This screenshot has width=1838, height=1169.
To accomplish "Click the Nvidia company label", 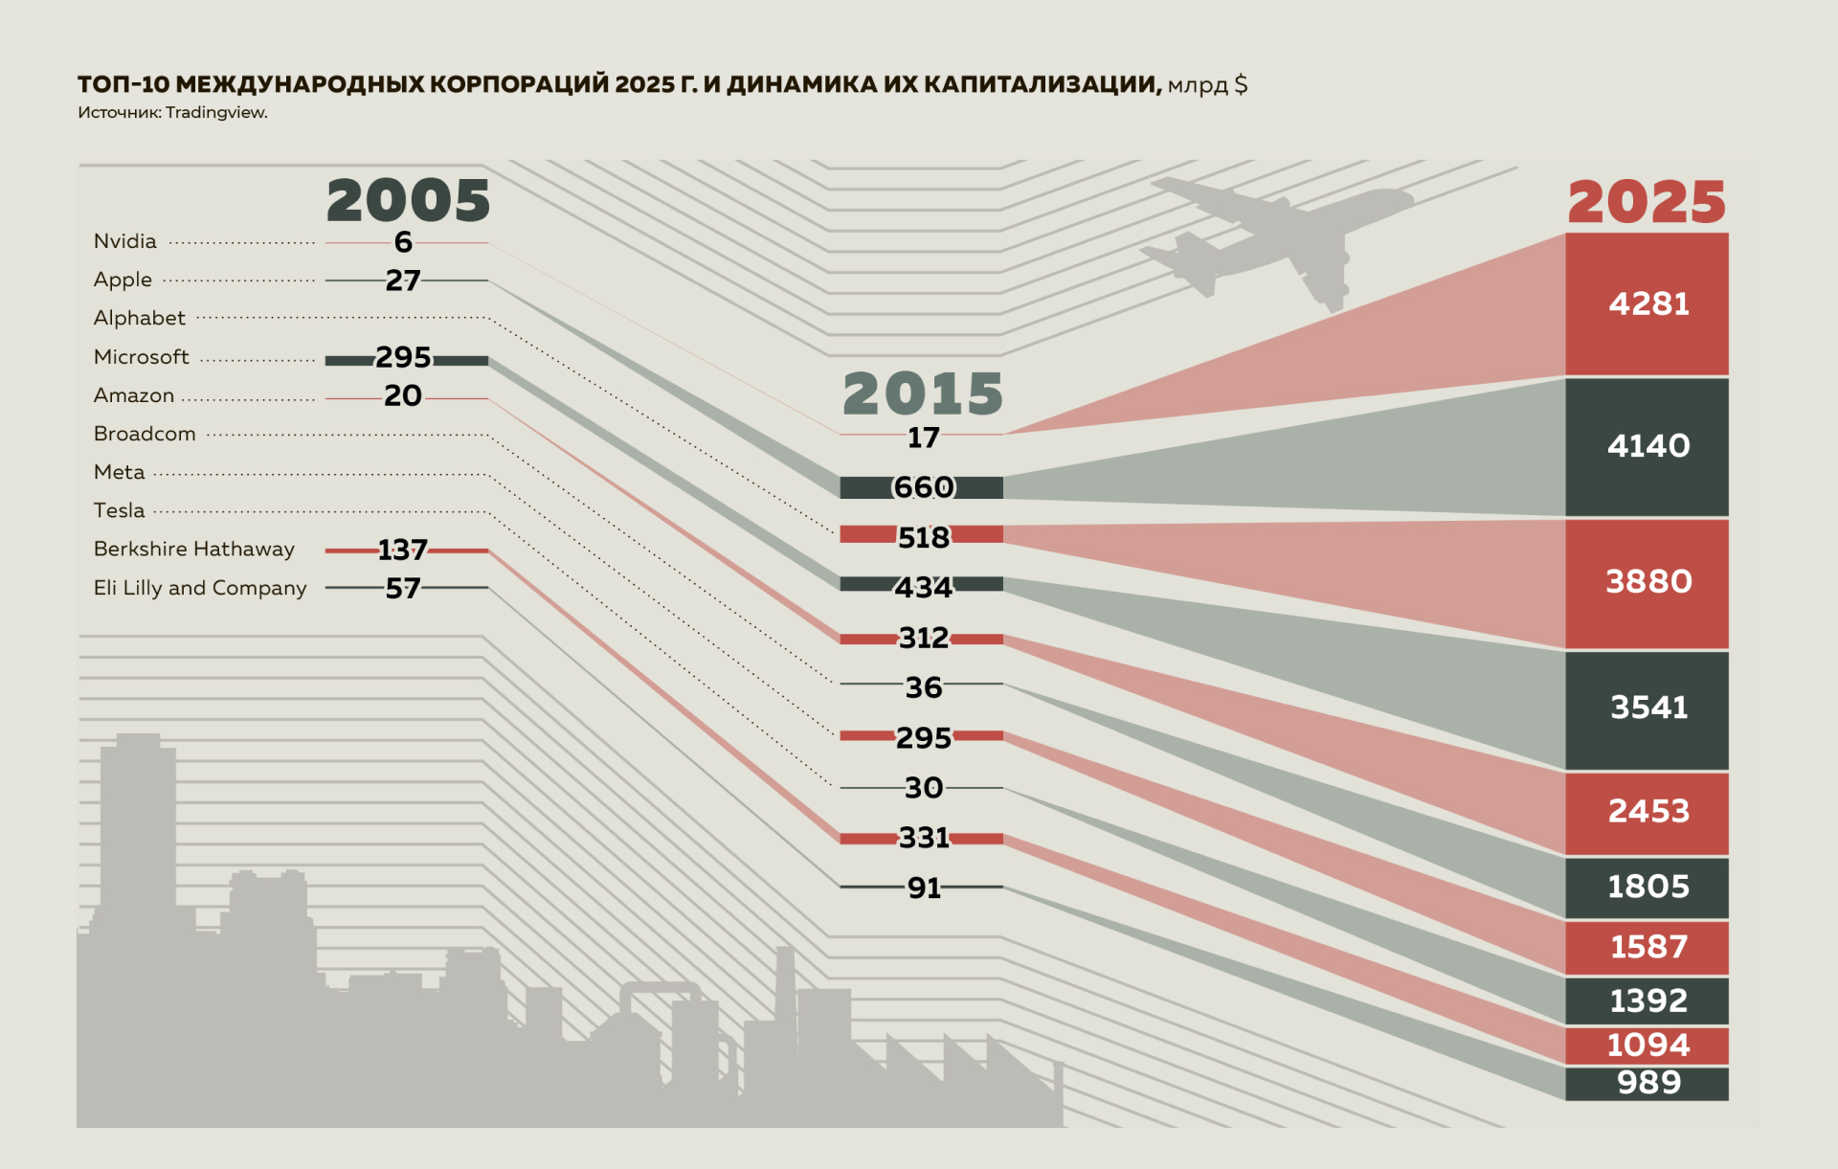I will point(124,241).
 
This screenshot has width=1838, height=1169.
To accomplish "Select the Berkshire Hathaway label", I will point(193,549).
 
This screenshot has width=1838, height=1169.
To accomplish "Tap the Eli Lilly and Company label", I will point(200,588).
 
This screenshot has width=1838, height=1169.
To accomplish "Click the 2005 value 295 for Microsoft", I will point(403,357).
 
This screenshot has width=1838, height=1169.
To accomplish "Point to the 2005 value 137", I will point(402,550).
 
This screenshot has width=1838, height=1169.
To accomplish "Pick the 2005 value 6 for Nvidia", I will point(403,242).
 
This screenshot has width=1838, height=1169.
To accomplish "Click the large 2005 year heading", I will point(408,201).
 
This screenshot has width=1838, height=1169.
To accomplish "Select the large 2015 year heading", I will point(922,393).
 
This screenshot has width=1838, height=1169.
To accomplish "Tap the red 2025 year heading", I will point(1646,202).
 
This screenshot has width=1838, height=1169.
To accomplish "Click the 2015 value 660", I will point(923,487).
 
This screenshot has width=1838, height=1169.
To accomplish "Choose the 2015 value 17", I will point(923,438).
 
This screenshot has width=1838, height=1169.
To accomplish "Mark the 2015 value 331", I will point(923,838).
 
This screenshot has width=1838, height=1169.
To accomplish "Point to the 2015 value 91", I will point(923,888).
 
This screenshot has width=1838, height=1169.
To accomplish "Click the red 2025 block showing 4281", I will point(1647,304).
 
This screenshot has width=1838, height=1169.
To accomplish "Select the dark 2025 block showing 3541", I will point(1647,708).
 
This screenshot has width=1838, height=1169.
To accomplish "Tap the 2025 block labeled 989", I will point(1647,1083).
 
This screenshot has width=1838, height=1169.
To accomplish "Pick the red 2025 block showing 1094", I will point(1647,1045).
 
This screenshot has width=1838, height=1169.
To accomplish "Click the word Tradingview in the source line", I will point(215,112).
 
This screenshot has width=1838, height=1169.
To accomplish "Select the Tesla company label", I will point(119,510).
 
